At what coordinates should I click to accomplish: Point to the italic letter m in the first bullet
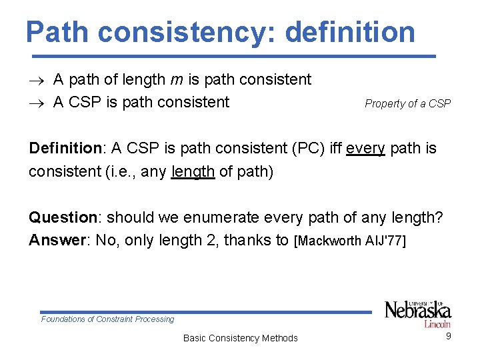click(175, 80)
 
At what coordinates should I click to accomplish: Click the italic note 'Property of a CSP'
click(407, 103)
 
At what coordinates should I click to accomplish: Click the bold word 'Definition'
click(63, 148)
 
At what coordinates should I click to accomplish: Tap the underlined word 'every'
click(365, 148)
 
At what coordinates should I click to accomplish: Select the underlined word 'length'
click(193, 171)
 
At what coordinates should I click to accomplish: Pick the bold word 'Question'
click(63, 217)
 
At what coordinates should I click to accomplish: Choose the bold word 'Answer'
click(59, 240)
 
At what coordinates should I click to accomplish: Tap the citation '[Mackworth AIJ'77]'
click(349, 241)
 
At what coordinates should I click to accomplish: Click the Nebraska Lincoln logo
click(417, 312)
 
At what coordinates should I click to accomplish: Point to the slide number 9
click(449, 336)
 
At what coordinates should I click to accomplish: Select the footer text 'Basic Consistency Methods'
click(240, 338)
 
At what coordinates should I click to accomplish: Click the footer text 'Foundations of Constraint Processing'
click(107, 319)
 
